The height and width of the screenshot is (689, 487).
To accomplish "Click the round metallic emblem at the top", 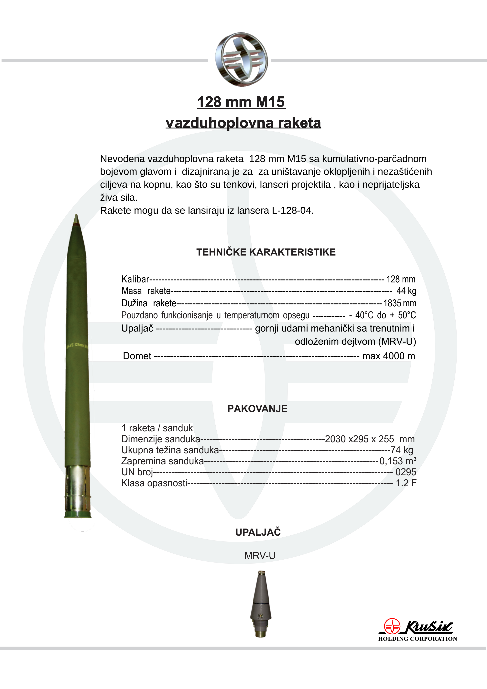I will [x=241, y=60].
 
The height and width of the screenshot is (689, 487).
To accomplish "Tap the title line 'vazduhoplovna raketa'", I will [x=243, y=123].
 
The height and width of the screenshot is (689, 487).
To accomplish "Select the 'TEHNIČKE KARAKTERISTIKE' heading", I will [x=266, y=252].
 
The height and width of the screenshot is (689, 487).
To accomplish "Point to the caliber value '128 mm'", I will [x=401, y=279].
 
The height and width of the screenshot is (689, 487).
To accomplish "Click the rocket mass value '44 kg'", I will [x=406, y=291].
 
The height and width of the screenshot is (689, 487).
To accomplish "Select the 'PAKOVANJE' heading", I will [x=257, y=409].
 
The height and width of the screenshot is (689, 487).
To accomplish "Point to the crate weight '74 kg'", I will [x=402, y=450].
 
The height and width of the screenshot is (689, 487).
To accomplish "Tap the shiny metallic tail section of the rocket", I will [x=78, y=489].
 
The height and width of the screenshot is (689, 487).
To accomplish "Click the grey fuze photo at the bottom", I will [x=261, y=603].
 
